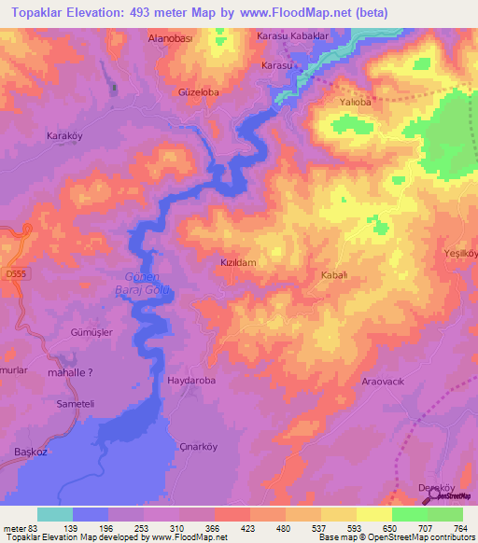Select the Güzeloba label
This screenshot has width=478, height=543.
click(197, 93)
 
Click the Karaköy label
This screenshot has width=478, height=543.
click(65, 136)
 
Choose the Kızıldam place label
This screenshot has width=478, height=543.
click(237, 263)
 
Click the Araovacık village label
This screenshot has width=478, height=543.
click(386, 383)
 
